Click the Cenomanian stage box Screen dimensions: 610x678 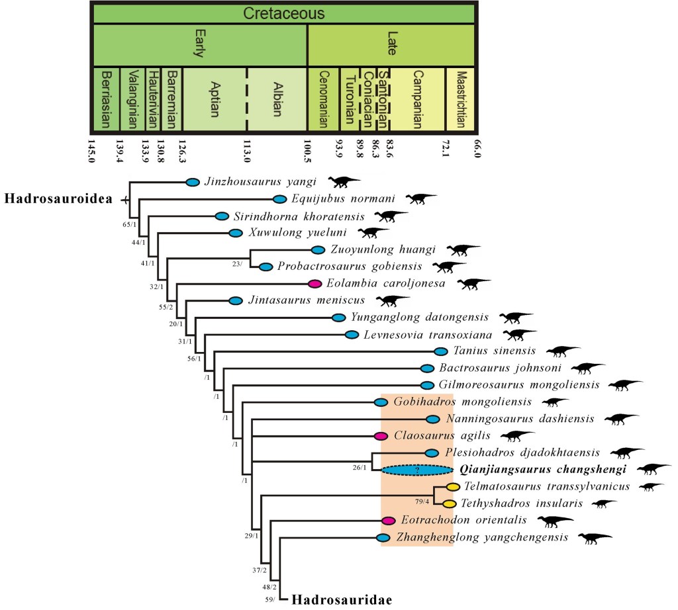tap(324, 99)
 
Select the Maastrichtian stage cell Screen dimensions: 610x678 tap(461, 99)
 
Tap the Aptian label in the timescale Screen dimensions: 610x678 tap(215, 99)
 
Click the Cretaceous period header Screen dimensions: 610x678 tap(283, 14)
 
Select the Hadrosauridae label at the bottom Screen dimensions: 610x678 tap(342, 600)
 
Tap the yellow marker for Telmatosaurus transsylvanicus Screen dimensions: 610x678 tap(453, 487)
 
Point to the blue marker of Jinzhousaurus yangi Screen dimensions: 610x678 tap(193, 182)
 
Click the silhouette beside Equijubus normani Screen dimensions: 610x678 tap(421, 198)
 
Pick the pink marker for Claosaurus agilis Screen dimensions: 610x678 tap(381, 436)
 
